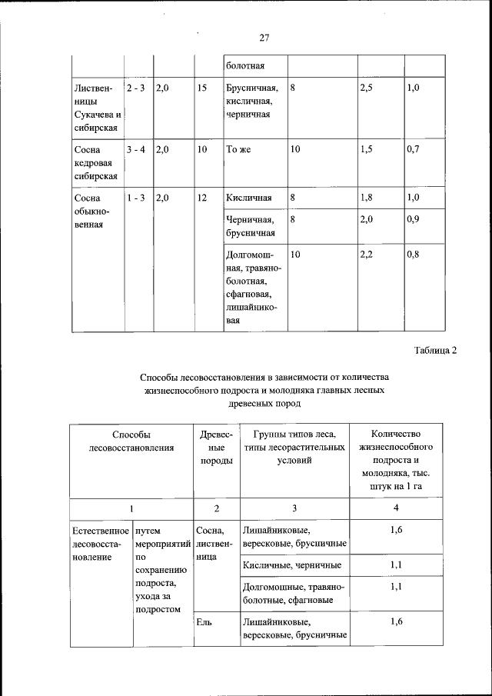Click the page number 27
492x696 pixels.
click(x=264, y=38)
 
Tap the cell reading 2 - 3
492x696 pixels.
click(x=137, y=88)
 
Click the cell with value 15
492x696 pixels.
click(x=202, y=88)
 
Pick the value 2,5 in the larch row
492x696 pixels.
click(x=367, y=88)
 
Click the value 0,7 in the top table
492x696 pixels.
click(x=414, y=151)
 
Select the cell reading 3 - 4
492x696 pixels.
click(x=137, y=151)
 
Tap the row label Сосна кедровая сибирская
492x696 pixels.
click(x=96, y=163)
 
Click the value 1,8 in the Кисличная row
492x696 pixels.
click(x=367, y=198)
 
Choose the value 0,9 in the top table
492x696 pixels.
click(x=414, y=219)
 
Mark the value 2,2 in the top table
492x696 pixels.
click(x=367, y=254)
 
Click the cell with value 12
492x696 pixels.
click(x=202, y=198)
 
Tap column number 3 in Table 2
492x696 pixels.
click(x=294, y=508)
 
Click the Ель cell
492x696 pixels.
click(x=204, y=621)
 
